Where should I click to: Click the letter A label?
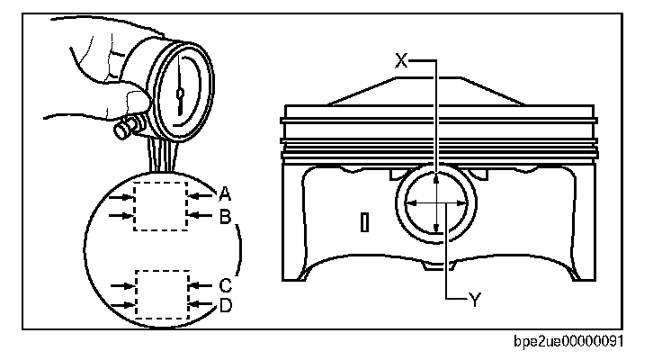225,192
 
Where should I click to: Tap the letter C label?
225,284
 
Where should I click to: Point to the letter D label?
225,306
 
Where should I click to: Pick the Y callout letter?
474,300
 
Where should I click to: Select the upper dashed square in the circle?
160,204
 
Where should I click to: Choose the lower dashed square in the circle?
162,293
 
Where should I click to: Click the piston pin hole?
435,203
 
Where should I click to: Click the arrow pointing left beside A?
201,192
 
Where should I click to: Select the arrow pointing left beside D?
201,306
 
